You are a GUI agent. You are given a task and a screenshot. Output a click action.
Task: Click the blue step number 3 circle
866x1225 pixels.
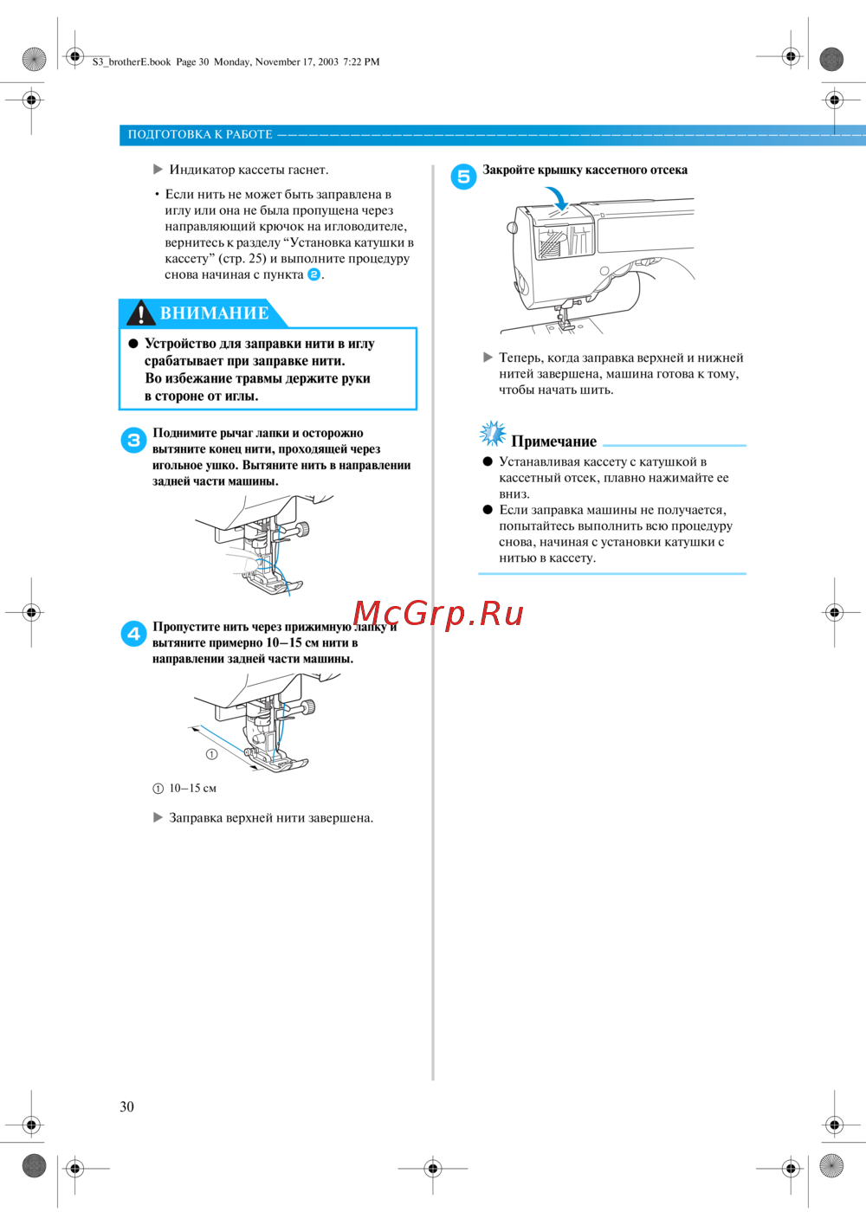click(x=133, y=440)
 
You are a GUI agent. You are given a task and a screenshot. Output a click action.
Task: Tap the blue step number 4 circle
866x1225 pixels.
click(x=133, y=634)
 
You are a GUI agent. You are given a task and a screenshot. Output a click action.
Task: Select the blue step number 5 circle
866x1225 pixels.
click(x=463, y=176)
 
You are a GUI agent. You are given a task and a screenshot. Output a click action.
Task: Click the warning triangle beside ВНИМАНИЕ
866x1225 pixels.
click(x=140, y=313)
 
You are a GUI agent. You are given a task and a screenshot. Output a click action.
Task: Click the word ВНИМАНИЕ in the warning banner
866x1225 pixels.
click(x=215, y=313)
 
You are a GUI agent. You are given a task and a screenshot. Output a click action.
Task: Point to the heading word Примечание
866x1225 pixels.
click(x=553, y=442)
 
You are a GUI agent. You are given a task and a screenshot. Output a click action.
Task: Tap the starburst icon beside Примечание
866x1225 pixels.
click(x=493, y=434)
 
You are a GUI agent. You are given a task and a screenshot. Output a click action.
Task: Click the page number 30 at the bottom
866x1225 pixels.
click(x=127, y=1106)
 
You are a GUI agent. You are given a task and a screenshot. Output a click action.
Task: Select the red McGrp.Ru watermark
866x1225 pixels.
click(x=438, y=613)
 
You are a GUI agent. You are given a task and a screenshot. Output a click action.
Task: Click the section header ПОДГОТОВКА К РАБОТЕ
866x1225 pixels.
click(x=200, y=134)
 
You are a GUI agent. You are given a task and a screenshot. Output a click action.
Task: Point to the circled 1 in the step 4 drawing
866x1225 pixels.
click(x=211, y=754)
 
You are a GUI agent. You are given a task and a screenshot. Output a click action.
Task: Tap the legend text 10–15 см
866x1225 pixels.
click(x=192, y=788)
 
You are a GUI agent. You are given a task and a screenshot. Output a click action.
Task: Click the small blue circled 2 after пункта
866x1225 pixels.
click(x=314, y=274)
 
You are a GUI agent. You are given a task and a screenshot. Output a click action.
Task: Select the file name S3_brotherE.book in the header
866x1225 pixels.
click(x=132, y=61)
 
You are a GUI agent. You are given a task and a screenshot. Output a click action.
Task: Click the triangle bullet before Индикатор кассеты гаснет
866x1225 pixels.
click(x=158, y=170)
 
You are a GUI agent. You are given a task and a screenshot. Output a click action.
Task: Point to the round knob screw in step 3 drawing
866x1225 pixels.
click(x=301, y=529)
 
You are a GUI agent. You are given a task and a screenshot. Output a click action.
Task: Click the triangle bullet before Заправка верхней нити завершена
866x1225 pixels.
click(x=158, y=817)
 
